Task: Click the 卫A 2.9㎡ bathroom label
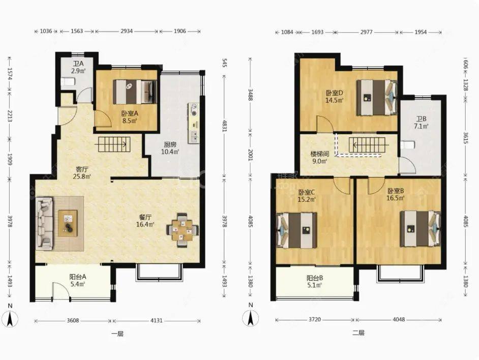(78, 67)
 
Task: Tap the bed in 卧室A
(135, 92)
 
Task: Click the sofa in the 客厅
(44, 223)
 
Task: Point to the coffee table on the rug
(68, 223)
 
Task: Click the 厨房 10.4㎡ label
(170, 147)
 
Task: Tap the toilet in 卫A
(68, 81)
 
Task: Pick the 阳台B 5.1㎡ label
(315, 282)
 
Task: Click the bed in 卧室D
(377, 98)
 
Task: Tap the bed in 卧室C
(296, 230)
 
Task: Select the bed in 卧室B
(421, 229)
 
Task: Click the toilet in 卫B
(407, 145)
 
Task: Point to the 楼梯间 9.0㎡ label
(319, 158)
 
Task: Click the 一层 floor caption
(117, 334)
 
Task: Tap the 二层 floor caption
(358, 333)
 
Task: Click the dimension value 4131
(157, 320)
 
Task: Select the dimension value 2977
(366, 32)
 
